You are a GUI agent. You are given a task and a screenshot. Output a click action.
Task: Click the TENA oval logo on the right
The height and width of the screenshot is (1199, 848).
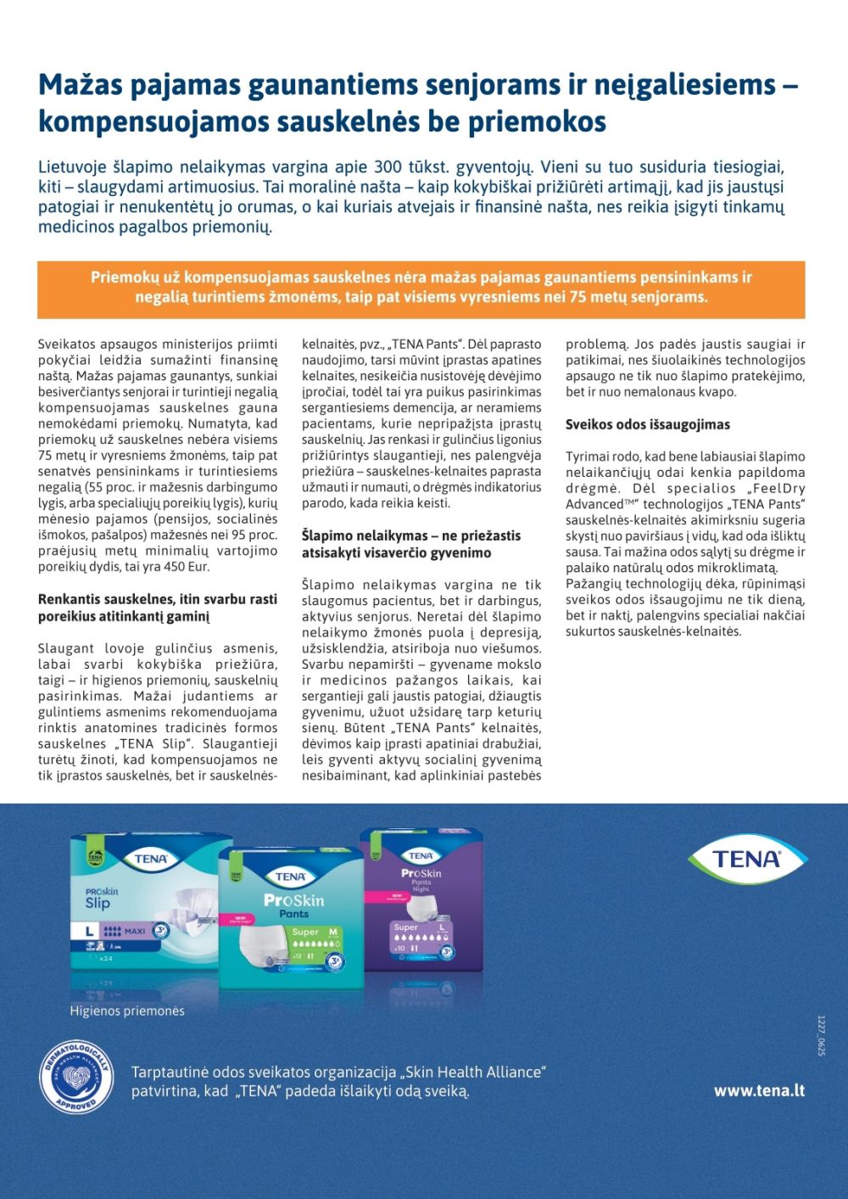[746, 858]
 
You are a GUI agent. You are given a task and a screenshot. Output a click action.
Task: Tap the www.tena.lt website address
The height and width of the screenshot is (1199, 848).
[759, 1090]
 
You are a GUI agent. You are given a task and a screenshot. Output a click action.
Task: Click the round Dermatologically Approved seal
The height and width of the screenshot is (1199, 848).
[76, 1078]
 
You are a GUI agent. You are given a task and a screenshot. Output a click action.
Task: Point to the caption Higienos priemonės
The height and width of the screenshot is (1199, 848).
[127, 1011]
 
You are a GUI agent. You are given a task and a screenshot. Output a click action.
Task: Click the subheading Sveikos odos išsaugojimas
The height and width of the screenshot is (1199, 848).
[648, 424]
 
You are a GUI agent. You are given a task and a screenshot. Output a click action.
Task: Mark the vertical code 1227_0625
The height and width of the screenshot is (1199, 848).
[821, 1035]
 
